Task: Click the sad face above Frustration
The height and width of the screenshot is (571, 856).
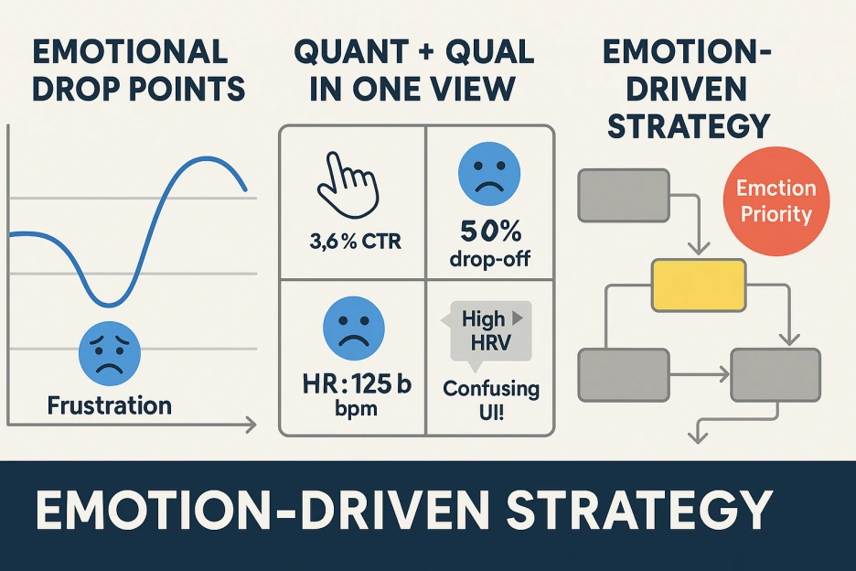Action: pyautogui.click(x=110, y=352)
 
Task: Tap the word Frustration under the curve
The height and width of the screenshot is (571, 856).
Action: pyautogui.click(x=109, y=405)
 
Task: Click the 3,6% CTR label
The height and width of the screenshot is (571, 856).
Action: pyautogui.click(x=355, y=241)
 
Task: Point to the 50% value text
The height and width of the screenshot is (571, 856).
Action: pyautogui.click(x=490, y=232)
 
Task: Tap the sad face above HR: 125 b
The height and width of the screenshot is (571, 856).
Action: pyautogui.click(x=354, y=328)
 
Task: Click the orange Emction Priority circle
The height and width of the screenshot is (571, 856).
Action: pyautogui.click(x=776, y=201)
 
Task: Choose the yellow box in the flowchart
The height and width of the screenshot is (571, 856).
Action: pyautogui.click(x=699, y=285)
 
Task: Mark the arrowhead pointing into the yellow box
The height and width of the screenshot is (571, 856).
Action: pyautogui.click(x=699, y=249)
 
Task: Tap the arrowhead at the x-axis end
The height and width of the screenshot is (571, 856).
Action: pyautogui.click(x=251, y=425)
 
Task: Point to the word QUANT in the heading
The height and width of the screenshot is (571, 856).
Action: pyautogui.click(x=350, y=52)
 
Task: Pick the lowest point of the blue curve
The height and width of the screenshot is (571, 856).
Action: pyautogui.click(x=110, y=305)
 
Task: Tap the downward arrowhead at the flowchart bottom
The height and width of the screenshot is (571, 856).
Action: pyautogui.click(x=698, y=436)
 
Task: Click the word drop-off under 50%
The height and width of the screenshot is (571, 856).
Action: pyautogui.click(x=489, y=258)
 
